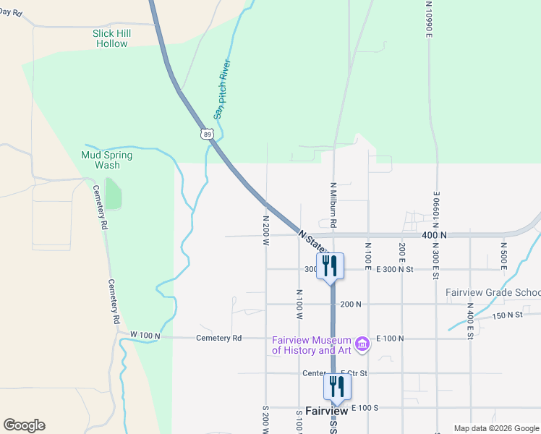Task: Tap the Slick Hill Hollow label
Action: tap(111, 38)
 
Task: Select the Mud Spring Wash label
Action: tap(107, 160)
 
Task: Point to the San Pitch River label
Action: tap(221, 89)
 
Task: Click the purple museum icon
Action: tap(363, 342)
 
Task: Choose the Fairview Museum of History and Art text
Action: tap(311, 346)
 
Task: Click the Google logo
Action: tap(24, 425)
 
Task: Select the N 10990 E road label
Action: tap(429, 18)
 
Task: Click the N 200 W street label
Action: tap(266, 230)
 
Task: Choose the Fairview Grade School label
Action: tap(493, 293)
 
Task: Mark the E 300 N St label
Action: tap(394, 269)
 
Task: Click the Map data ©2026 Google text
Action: tap(496, 428)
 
